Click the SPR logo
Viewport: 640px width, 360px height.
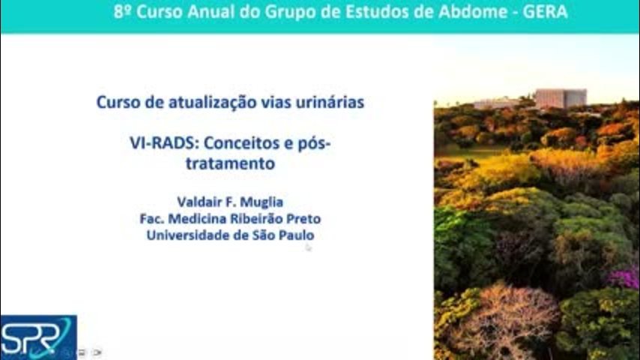coord(38,337)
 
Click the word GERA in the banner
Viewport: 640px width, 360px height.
coord(545,12)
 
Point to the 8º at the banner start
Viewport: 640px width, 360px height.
coord(122,12)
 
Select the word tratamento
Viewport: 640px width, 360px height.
coord(230,163)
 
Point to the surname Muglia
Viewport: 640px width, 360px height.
coord(262,202)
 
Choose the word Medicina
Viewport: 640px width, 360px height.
coord(198,218)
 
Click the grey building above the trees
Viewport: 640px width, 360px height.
coord(561,99)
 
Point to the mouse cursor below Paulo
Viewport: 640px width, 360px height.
coord(308,247)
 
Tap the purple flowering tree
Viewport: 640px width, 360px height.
coord(624,277)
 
